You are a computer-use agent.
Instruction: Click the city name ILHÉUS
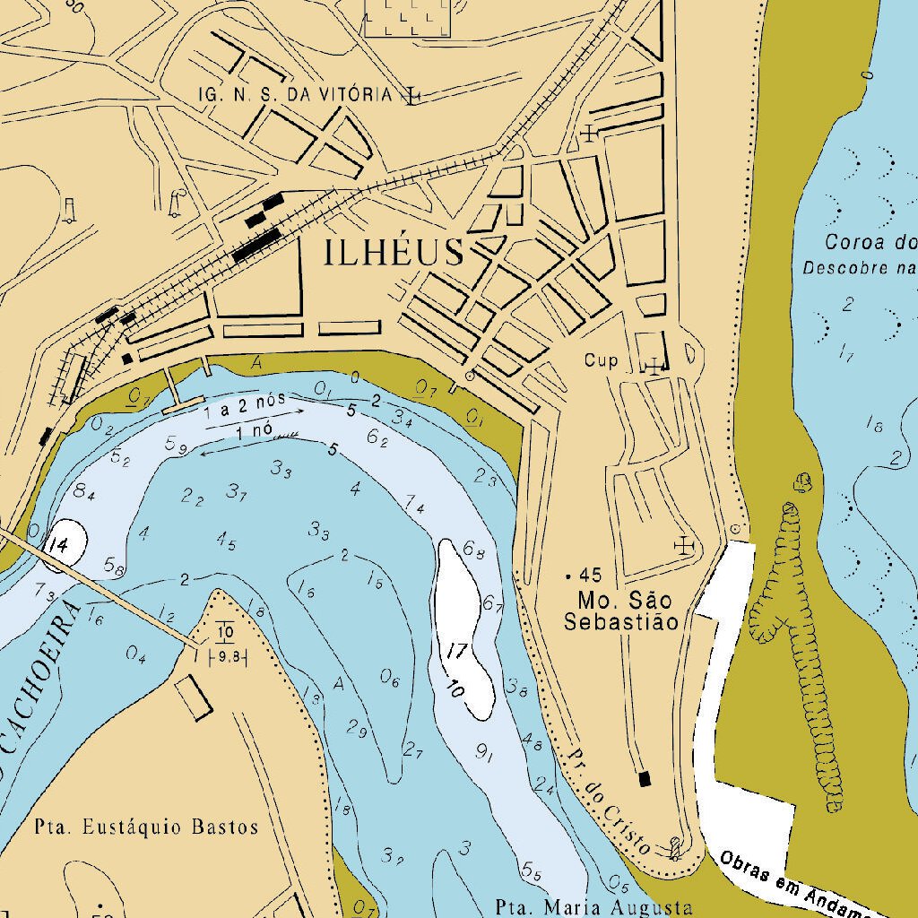click(x=394, y=254)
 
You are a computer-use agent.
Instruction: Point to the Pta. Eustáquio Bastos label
click(x=146, y=827)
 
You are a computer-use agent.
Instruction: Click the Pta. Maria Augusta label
click(x=594, y=906)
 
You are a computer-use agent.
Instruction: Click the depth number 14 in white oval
click(x=59, y=545)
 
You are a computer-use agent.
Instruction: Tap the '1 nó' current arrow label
click(x=255, y=431)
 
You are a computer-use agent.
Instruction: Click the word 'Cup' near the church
click(x=601, y=361)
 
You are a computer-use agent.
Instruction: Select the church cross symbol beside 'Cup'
click(x=654, y=365)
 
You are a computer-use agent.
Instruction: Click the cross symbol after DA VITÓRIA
click(x=411, y=95)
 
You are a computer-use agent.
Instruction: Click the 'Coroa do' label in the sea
click(x=870, y=242)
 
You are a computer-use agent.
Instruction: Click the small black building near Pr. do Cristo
click(x=643, y=778)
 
